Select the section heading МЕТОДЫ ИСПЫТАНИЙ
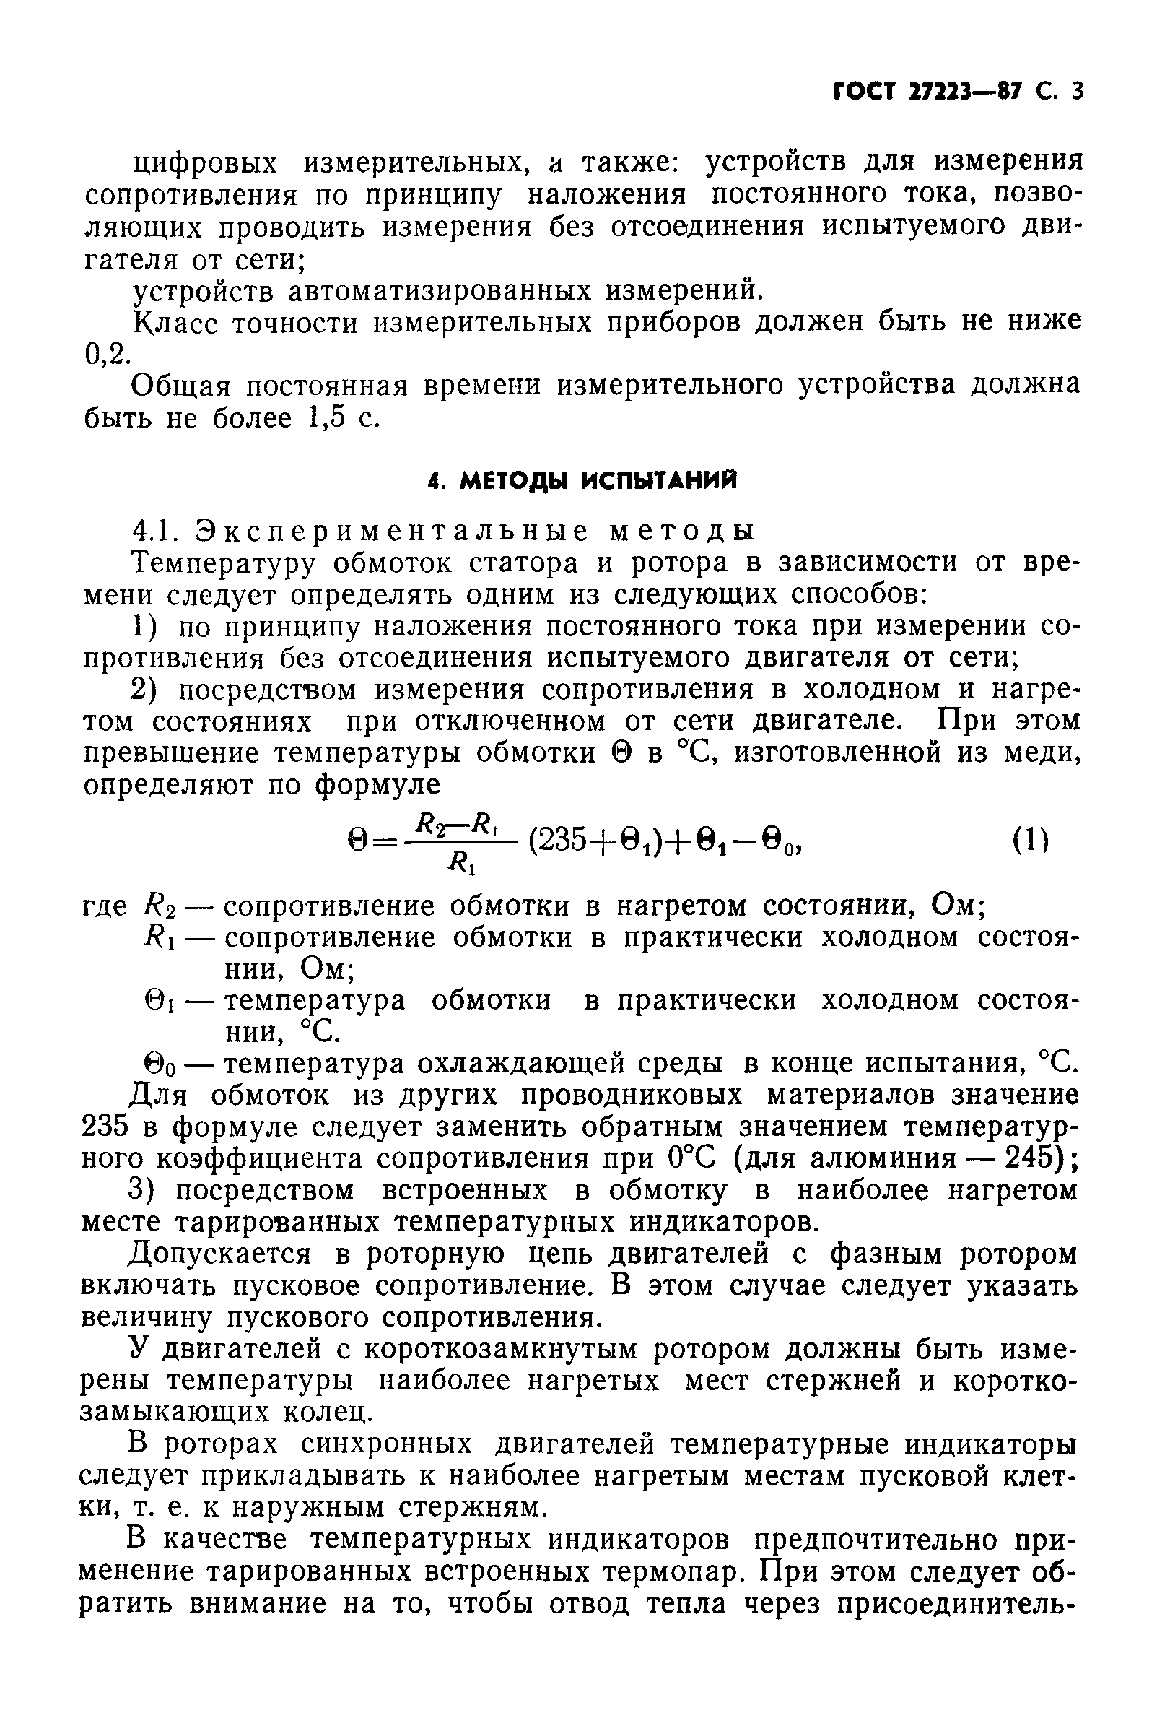[x=598, y=482]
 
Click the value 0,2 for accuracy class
[x=106, y=355]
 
